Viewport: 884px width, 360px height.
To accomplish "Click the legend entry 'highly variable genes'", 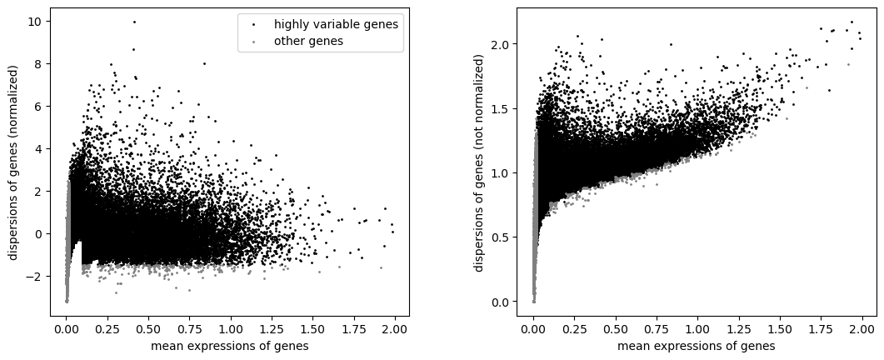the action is [336, 24].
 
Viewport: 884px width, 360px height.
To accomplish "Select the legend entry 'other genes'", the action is [308, 41].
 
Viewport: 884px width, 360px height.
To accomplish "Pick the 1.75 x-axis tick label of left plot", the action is [362, 327].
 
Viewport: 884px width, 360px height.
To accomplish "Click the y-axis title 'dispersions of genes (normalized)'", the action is [13, 162].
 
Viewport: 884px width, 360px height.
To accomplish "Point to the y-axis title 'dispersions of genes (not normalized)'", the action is [479, 162].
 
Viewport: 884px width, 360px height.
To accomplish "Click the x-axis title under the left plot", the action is [229, 346].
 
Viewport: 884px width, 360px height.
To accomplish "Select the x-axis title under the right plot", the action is [697, 346].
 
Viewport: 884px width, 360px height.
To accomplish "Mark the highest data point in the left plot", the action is [134, 22].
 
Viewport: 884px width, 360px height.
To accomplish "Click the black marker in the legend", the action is [254, 25].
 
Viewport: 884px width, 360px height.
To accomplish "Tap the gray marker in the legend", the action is [254, 42].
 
